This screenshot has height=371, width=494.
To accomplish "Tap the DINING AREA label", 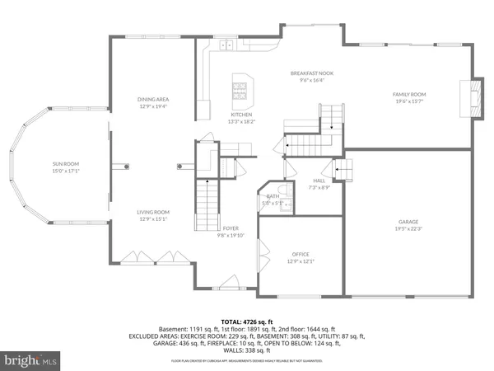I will click(152, 99).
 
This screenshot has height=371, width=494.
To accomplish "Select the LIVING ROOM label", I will click(152, 212).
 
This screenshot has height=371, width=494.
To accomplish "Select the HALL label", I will click(319, 181).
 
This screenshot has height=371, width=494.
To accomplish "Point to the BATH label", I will click(273, 196).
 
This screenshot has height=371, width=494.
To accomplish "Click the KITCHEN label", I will click(240, 115).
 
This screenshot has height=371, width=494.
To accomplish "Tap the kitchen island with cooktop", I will click(242, 85).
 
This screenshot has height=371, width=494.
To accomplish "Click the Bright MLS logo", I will click(31, 359).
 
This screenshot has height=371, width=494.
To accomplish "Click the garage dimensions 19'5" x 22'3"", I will click(409, 229).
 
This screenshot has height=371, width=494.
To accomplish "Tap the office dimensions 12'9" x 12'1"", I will click(300, 261).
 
